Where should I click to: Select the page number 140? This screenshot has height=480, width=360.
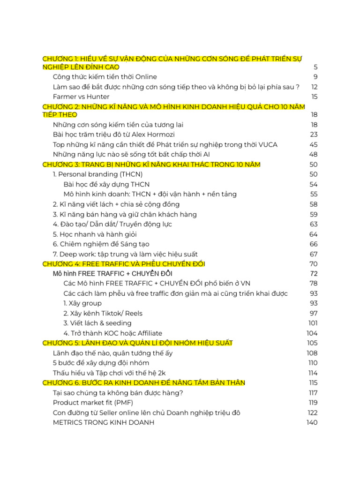pos(312,422)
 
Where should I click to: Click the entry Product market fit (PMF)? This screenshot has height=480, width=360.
pos(93,403)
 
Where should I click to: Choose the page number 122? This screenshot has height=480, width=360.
pos(312,412)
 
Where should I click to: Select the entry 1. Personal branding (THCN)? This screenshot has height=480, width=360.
pos(97,174)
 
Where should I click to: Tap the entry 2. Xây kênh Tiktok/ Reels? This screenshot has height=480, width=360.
pos(103,313)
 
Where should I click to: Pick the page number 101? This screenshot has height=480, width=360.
pos(313,323)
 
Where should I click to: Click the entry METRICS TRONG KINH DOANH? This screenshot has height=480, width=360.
pos(104,422)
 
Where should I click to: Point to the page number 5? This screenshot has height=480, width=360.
pos(315,67)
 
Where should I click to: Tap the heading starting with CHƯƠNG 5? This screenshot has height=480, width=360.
pos(137,343)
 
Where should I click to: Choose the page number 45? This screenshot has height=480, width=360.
pos(313,144)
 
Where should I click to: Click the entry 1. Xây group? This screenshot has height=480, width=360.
pos(82,303)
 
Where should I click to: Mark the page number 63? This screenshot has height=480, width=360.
pos(313,224)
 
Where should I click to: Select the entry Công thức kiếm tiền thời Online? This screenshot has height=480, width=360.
pos(105,77)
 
